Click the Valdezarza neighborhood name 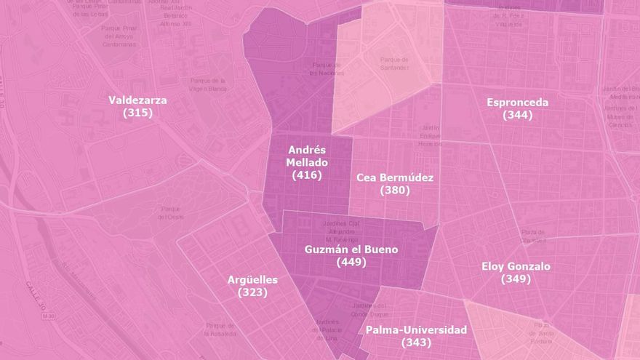point(137,100)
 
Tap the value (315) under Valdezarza point(137,113)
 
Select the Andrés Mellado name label point(307,155)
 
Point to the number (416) point(306,175)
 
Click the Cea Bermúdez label point(395,177)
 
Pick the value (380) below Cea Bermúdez point(395,190)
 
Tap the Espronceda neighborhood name point(517,103)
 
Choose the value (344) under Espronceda point(517,115)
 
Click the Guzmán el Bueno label point(351,249)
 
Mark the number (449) point(351,262)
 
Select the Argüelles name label point(252,279)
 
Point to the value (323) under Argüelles point(252,292)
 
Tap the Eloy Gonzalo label point(516,266)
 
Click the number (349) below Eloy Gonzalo point(516,279)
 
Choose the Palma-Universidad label point(416,329)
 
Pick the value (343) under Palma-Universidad point(416,342)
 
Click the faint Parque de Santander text point(394,63)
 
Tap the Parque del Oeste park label point(171,213)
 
